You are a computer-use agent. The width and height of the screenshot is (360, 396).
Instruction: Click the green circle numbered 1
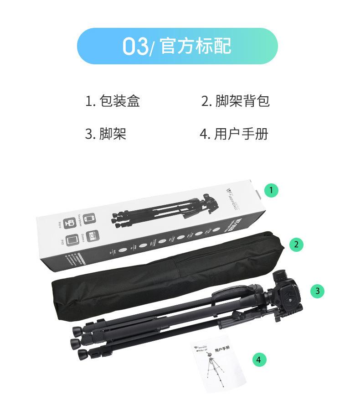[272, 190]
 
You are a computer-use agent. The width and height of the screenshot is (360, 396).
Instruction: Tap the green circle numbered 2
[296, 245]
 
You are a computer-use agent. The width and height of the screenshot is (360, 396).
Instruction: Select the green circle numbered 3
[318, 291]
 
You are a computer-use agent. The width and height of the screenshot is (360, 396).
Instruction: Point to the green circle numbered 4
[259, 360]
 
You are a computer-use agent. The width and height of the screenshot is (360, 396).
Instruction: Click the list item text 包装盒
[119, 101]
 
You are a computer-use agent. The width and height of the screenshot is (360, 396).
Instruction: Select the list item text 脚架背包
[242, 101]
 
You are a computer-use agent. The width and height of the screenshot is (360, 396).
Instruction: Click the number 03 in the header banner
[135, 47]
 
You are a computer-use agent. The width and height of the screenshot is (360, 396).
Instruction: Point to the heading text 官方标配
[195, 46]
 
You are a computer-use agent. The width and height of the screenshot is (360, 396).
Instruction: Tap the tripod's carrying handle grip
[237, 292]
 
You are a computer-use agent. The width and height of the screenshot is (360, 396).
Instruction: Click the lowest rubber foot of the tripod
[83, 354]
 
